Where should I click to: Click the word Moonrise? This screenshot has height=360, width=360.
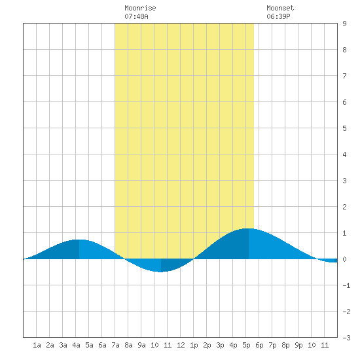[x=140, y=8]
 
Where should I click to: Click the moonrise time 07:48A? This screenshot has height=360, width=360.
[x=136, y=16]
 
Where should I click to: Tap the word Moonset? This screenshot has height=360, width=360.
[x=280, y=8]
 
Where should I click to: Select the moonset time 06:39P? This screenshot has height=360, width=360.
[x=278, y=16]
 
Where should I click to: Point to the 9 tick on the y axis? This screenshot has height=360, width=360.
[x=344, y=24]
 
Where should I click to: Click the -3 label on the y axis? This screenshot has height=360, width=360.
[x=346, y=338]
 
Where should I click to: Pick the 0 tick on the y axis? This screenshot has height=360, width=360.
[x=344, y=259]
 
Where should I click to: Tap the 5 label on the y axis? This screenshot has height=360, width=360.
[x=344, y=128]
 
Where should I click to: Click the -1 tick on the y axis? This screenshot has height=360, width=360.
[x=346, y=285]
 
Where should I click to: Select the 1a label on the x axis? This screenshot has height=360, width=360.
[x=37, y=345]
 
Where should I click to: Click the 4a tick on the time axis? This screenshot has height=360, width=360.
[x=76, y=345]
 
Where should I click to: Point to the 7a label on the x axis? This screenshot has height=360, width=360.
[x=115, y=345]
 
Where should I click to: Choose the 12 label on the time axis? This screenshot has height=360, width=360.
[x=181, y=345]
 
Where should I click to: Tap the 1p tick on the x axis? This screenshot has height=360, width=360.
[x=194, y=345]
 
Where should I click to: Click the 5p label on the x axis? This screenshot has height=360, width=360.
[x=246, y=345]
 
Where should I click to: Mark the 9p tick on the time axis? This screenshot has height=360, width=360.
[x=298, y=345]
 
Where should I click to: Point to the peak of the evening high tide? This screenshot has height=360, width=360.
[x=249, y=228]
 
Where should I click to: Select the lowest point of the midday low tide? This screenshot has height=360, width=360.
[x=161, y=272]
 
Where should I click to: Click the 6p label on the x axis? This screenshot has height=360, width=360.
[x=259, y=345]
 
